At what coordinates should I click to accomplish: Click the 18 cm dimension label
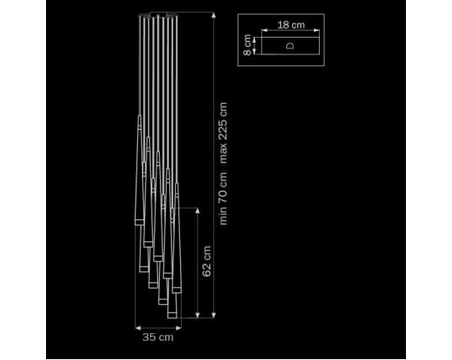291,25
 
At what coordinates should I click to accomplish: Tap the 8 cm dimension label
247,45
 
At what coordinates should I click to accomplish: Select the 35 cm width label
158,337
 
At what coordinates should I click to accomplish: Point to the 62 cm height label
207,261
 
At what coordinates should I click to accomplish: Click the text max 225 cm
223,133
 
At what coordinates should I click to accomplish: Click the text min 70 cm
223,198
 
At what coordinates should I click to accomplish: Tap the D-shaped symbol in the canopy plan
290,45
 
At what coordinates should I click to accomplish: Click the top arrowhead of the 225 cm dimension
213,15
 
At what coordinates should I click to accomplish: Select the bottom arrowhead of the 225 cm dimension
213,315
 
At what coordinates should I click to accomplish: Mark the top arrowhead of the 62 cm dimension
198,211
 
